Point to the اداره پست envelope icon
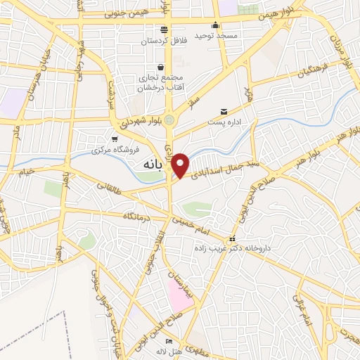[x=224, y=111]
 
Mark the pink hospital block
[x=179, y=295]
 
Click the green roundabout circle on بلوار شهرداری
[x=169, y=120]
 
